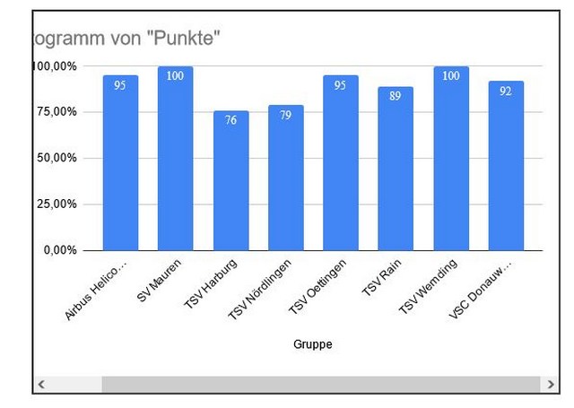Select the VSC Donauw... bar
pyautogui.click(x=506, y=166)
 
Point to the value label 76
pyautogui.click(x=230, y=119)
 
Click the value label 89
pyautogui.click(x=396, y=96)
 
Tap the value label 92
pyautogui.click(x=506, y=91)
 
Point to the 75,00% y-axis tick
pyautogui.click(x=55, y=112)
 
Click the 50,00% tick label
pyautogui.click(x=55, y=158)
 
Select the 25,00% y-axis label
pyautogui.click(x=55, y=204)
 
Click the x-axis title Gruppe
pyautogui.click(x=313, y=343)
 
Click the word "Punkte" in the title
pyautogui.click(x=187, y=38)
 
